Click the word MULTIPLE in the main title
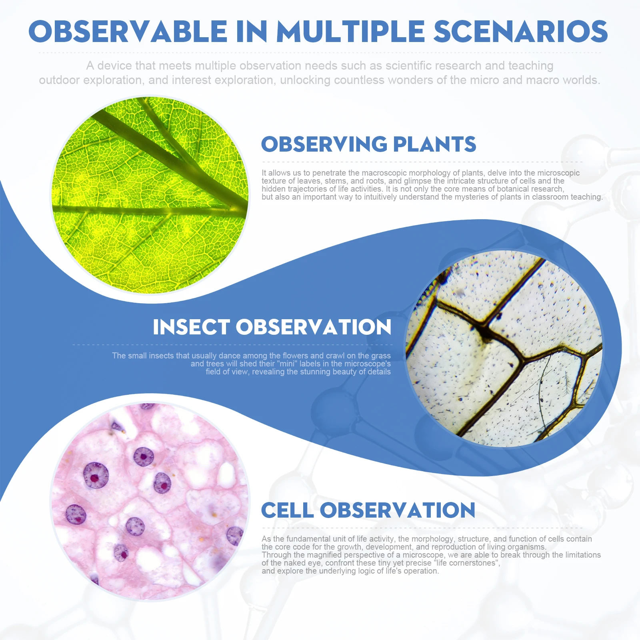coord(350,32)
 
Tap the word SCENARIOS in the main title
coord(521,32)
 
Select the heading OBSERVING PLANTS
coord(368,144)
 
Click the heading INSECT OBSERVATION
coord(272,327)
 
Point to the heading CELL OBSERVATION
coord(368,510)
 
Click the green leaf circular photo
coord(150,195)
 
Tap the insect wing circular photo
coord(504,348)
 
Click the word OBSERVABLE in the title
coord(128,32)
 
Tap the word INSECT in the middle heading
coord(192,327)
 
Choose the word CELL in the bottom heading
coord(287,510)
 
